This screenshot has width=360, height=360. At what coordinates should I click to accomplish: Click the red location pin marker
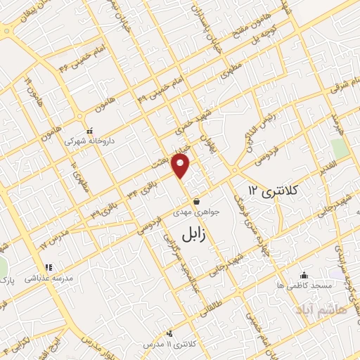pos(181,166)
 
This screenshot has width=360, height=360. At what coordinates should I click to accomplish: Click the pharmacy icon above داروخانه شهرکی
pos(89,131)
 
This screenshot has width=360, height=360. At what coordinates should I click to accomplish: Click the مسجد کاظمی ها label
pos(303,285)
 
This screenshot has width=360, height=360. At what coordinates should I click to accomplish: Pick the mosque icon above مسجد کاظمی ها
pos(303,274)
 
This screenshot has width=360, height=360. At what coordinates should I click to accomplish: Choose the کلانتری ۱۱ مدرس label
pos(169,345)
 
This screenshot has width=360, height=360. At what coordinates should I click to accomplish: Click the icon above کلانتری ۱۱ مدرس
pos(169,334)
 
